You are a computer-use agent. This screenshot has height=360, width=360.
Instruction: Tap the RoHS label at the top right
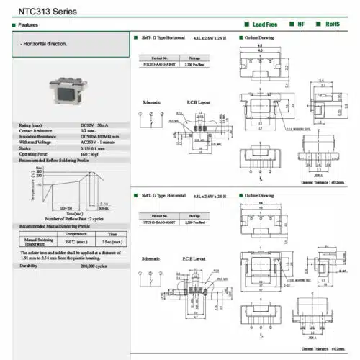click(x=332, y=24)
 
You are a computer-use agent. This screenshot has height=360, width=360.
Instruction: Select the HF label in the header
click(x=302, y=24)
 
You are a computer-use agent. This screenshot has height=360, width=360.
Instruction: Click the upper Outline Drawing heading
click(x=259, y=37)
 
